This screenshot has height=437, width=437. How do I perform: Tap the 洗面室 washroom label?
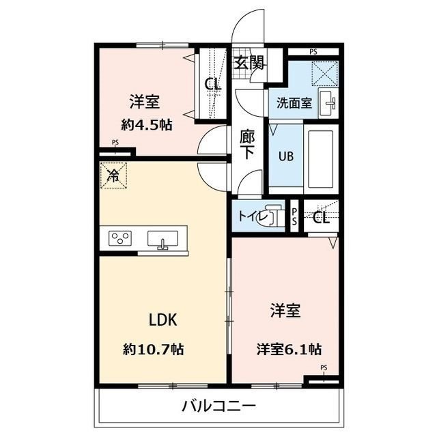pos(294,104)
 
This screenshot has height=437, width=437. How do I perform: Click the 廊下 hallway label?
pos(247,144)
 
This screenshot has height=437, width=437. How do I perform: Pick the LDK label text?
pos(164,318)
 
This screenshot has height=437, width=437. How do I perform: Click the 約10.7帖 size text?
pos(154,350)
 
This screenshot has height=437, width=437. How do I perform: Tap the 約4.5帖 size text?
pos(146,125)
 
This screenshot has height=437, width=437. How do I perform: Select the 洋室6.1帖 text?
pos(290,350)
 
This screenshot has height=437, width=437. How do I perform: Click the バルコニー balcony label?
pos(218,407)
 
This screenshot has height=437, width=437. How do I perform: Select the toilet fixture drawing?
pos(274,216)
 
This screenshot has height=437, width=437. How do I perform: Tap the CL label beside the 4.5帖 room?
pos(212,85)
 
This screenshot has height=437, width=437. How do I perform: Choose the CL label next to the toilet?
pos(322,218)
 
